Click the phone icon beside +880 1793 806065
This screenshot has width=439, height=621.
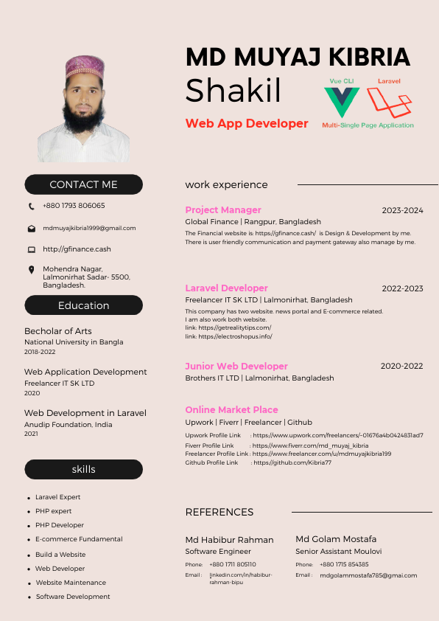(31, 207)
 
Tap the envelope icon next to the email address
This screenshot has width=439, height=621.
(31, 229)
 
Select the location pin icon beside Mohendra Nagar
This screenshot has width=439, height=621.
(31, 270)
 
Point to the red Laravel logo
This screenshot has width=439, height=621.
(388, 103)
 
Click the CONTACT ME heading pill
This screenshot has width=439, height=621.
(83, 184)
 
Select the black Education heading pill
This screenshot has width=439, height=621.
(83, 305)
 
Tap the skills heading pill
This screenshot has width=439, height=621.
(83, 469)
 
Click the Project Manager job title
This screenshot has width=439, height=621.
(223, 210)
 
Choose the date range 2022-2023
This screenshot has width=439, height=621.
(402, 288)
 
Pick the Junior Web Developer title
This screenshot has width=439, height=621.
(236, 367)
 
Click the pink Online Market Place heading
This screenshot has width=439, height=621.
(231, 410)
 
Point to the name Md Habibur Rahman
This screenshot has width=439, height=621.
(229, 540)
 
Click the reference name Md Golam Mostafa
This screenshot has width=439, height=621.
(336, 539)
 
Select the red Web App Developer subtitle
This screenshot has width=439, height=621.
(247, 124)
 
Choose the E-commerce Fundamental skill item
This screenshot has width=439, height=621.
(79, 539)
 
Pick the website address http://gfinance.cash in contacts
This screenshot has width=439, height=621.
(77, 249)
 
